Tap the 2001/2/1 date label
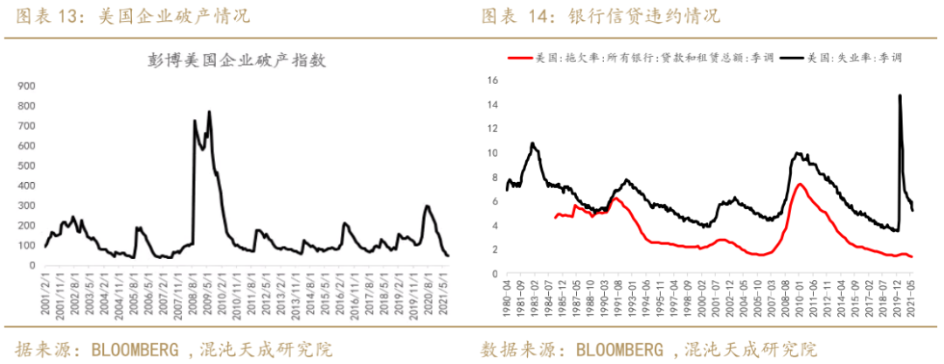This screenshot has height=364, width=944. point(45,291)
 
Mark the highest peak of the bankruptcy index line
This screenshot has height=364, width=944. point(209,112)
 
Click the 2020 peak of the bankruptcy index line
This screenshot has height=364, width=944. point(427,206)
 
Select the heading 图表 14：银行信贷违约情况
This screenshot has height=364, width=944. point(600,16)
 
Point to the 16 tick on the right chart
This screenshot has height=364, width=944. point(493,80)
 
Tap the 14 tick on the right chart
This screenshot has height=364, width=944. point(493,104)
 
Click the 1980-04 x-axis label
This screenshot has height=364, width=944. point(506,291)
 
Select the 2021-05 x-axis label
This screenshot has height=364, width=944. point(912,291)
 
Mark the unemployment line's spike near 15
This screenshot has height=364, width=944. point(899,95)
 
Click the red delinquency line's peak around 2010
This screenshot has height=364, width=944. point(799,184)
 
